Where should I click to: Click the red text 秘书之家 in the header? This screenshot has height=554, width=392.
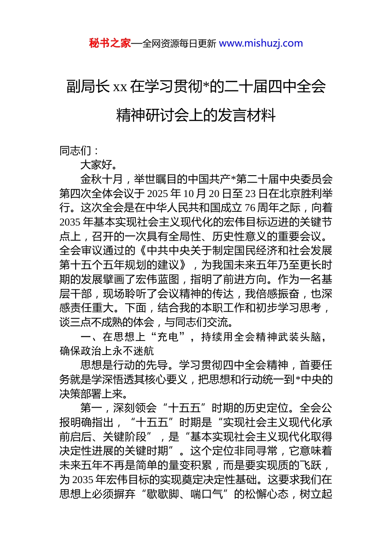110,43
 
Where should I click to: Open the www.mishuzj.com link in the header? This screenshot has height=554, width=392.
261,43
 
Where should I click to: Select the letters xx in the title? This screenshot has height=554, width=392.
120,87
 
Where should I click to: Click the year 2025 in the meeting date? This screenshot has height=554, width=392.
157,194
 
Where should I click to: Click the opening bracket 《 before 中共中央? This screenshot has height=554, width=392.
142,251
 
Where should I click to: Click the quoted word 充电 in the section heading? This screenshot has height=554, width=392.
168,337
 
